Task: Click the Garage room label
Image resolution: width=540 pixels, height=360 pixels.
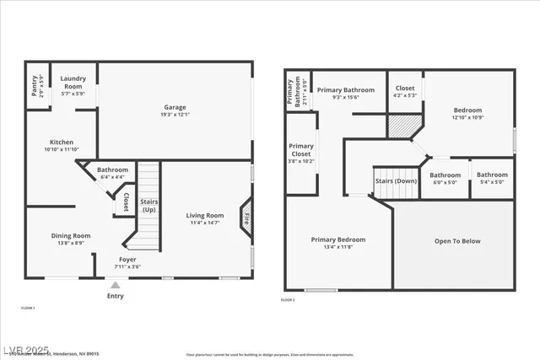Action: click(x=175, y=107)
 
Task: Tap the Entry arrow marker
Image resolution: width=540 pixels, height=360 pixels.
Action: click(x=116, y=286)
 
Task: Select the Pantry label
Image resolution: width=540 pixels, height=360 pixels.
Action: click(x=35, y=86)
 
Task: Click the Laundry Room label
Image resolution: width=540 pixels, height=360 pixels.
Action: click(x=73, y=82)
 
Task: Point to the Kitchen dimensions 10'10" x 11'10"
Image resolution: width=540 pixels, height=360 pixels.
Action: click(x=60, y=149)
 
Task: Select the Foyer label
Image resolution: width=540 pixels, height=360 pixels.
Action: click(x=127, y=260)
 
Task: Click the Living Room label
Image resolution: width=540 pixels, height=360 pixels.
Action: click(x=204, y=216)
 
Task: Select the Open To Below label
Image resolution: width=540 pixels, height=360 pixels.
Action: click(x=457, y=241)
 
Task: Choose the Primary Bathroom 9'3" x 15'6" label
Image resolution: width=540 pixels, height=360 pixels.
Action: click(x=346, y=89)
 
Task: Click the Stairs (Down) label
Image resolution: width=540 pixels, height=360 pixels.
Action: click(x=396, y=180)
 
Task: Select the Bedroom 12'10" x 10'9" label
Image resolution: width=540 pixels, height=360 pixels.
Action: click(x=467, y=110)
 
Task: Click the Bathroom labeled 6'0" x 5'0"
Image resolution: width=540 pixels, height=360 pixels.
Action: click(x=445, y=175)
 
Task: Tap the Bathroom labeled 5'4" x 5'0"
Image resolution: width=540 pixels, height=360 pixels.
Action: click(x=492, y=175)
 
